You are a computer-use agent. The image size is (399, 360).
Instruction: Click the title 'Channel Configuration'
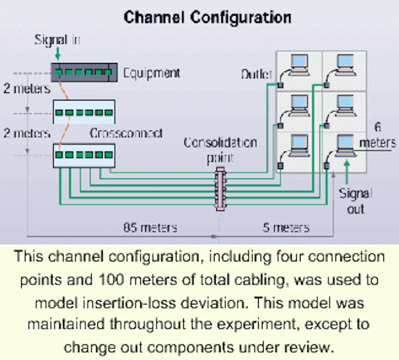(x=208, y=16)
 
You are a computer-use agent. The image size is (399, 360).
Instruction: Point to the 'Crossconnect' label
(x=126, y=134)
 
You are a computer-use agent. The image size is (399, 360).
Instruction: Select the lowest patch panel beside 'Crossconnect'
(x=84, y=155)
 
